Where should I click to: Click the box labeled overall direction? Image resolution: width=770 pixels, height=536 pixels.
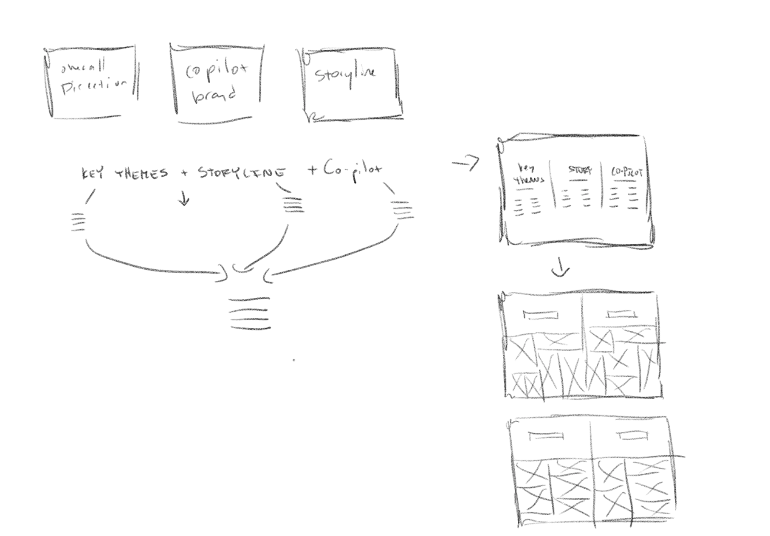[x=91, y=82]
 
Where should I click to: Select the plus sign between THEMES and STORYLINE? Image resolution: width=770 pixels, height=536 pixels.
[x=184, y=173]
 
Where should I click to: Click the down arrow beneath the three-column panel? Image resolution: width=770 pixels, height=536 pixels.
[x=561, y=270]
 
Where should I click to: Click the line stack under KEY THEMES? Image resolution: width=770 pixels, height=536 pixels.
[x=78, y=222]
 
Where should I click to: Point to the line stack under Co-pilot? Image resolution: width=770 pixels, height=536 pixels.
[x=402, y=211]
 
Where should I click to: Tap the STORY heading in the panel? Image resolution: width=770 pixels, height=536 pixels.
[x=580, y=170]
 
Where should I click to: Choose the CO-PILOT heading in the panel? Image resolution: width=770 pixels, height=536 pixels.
[x=626, y=172]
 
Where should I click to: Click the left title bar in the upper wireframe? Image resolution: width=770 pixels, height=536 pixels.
[x=541, y=315]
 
